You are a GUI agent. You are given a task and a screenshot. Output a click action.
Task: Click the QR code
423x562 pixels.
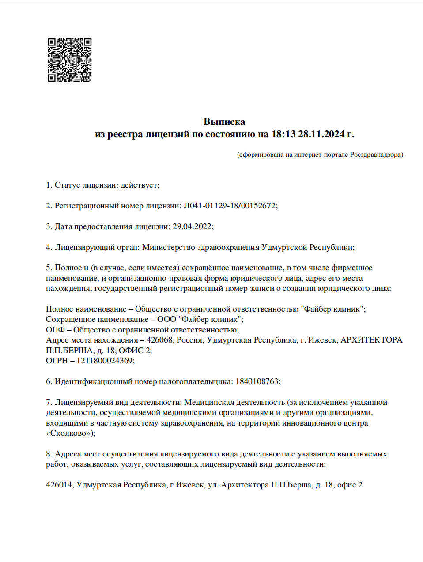[x=70, y=60]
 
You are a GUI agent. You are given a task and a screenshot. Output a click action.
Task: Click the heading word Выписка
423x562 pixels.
[x=224, y=121]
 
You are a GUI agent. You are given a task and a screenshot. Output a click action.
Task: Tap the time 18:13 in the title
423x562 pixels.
[x=283, y=134]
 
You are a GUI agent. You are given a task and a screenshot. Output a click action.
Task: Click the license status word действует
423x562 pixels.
[x=139, y=185]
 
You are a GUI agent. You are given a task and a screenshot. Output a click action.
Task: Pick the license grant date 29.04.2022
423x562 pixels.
[x=192, y=226]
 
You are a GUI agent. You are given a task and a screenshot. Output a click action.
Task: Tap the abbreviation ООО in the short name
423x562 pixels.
[x=166, y=319]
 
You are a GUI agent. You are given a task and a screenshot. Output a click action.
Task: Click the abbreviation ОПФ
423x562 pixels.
[x=55, y=330]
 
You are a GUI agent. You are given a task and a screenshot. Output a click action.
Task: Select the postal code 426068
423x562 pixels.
[x=159, y=340]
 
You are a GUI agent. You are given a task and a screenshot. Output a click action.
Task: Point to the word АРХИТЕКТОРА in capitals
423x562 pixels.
[x=371, y=340]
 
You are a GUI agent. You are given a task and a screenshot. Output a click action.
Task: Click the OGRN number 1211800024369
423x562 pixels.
[x=105, y=361]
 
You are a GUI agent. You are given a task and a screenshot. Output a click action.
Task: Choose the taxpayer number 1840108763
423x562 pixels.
[x=257, y=381]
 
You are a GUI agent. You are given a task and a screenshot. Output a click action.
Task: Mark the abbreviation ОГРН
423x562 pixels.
[x=57, y=361]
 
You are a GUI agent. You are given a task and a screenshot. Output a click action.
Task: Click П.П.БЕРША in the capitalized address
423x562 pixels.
[x=69, y=351]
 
